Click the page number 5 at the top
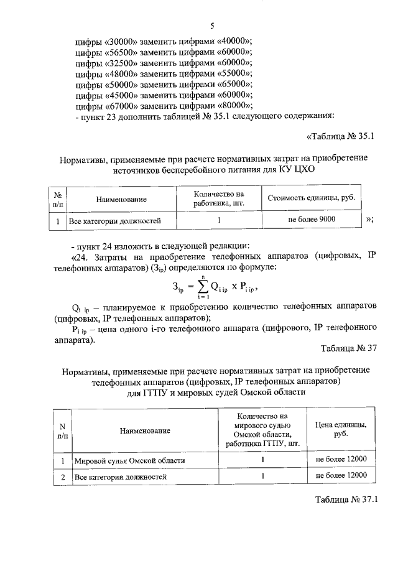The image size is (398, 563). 211,26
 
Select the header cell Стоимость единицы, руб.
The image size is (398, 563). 311,198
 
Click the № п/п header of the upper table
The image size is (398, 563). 57,198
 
